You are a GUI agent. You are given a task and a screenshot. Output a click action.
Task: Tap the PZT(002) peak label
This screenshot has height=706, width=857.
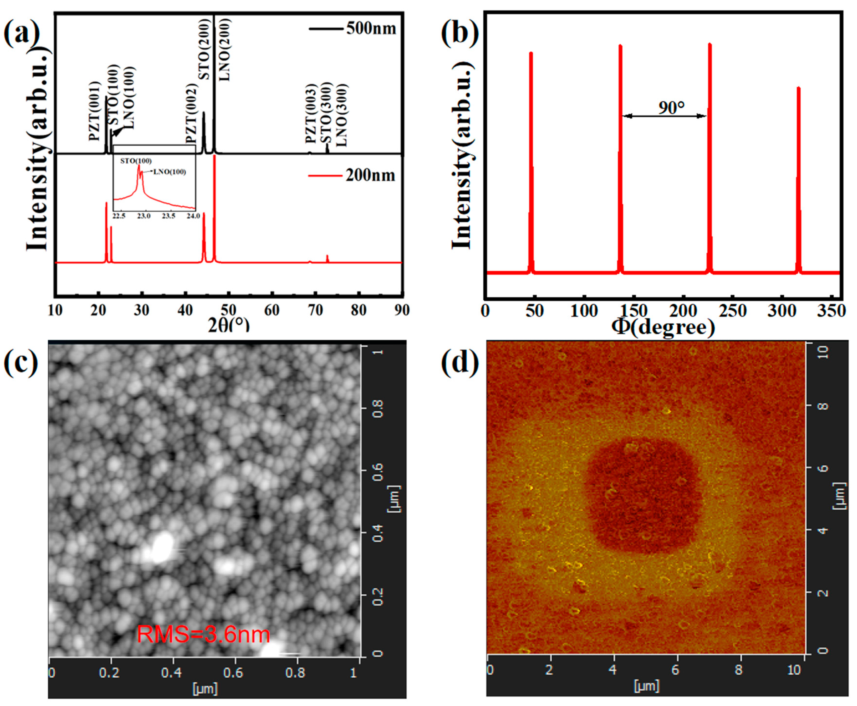click(x=191, y=114)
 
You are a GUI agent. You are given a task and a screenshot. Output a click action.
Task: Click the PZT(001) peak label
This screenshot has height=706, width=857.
click(x=94, y=111)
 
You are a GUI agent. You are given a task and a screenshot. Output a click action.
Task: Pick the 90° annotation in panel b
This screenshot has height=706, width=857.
click(x=671, y=108)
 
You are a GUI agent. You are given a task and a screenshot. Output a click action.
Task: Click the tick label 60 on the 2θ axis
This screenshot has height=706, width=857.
click(x=272, y=310)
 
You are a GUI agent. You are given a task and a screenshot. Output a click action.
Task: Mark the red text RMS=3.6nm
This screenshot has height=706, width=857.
click(x=204, y=634)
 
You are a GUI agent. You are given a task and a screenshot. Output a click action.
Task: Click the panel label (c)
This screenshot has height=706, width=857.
click(x=20, y=362)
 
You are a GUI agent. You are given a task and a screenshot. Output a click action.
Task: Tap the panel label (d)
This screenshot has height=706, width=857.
click(x=460, y=362)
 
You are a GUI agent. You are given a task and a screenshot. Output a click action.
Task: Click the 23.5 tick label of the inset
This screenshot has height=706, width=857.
click(x=169, y=216)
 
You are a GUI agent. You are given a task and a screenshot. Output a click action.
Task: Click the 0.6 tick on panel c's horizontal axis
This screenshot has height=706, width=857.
click(x=233, y=673)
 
